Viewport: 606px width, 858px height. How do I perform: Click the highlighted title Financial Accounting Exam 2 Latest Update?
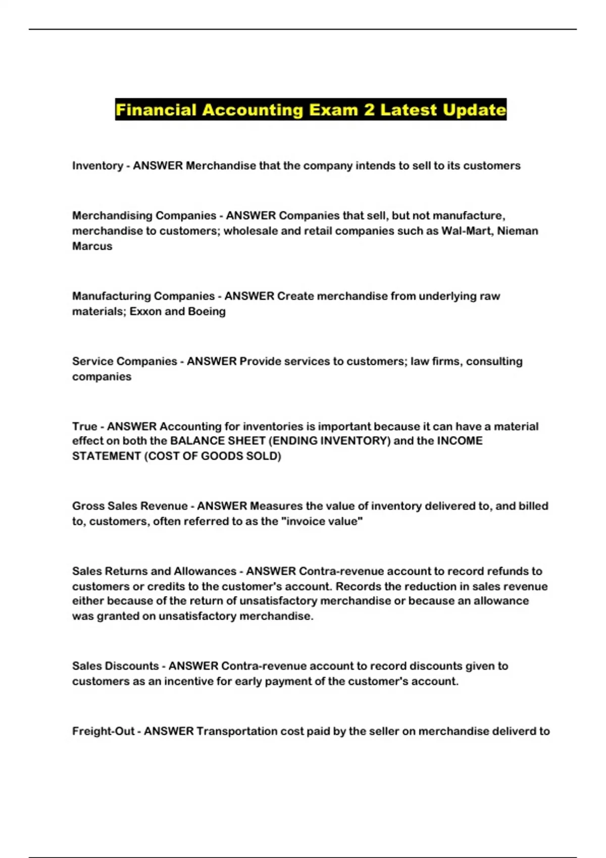tap(311, 110)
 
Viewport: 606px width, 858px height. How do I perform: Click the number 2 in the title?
tap(369, 110)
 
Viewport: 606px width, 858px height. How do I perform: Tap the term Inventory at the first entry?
tap(97, 166)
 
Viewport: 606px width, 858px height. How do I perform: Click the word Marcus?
tap(92, 246)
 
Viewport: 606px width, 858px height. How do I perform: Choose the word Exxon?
tap(145, 311)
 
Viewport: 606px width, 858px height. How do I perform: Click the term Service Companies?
tap(124, 361)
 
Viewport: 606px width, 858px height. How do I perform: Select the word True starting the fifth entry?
tap(84, 426)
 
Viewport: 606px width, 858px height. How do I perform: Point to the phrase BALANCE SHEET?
tap(218, 441)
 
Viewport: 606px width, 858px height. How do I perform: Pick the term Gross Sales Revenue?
tap(130, 506)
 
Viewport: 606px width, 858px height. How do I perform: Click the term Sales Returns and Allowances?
tap(154, 571)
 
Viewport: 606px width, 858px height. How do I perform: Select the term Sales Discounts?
tap(115, 666)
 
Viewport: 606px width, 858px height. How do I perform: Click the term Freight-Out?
tap(103, 731)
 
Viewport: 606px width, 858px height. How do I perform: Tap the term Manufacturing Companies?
tap(143, 296)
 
